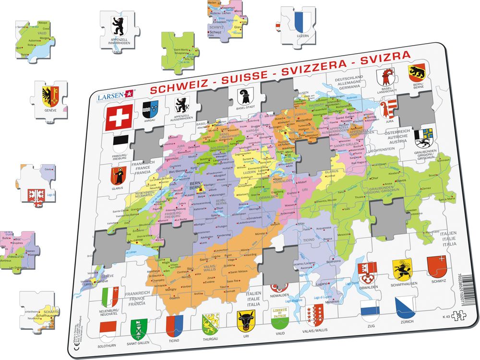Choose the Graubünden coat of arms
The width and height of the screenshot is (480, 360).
point(424,137)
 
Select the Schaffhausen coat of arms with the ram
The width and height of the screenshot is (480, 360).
point(402,269)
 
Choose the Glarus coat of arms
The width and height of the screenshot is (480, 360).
point(118,176)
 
